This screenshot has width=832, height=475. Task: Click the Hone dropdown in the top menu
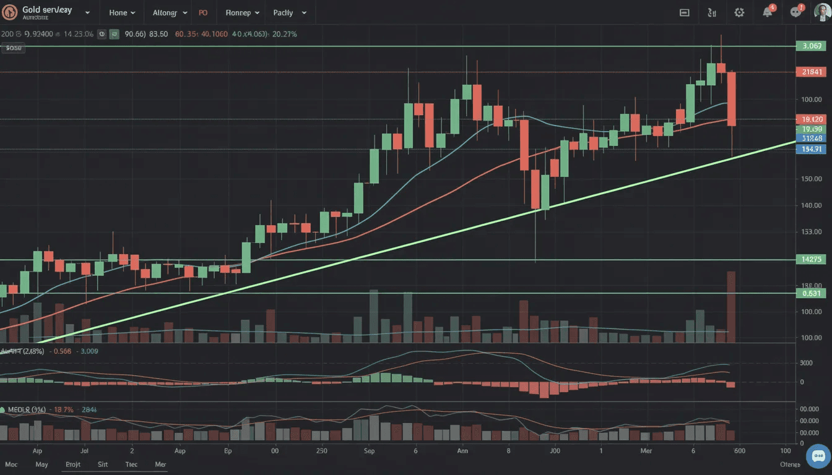pyautogui.click(x=121, y=12)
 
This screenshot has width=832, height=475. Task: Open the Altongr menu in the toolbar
pyautogui.click(x=169, y=12)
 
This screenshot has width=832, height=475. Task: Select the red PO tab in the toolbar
pyautogui.click(x=204, y=12)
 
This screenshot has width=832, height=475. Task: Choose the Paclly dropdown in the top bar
pyautogui.click(x=288, y=12)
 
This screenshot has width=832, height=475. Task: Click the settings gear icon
pyautogui.click(x=739, y=12)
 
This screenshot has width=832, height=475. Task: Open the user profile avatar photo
pyautogui.click(x=821, y=12)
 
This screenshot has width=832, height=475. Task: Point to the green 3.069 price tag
pyautogui.click(x=812, y=46)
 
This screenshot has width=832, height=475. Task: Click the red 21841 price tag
pyautogui.click(x=812, y=72)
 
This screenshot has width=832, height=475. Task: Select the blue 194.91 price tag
pyautogui.click(x=812, y=149)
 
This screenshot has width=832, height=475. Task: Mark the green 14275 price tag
pyautogui.click(x=812, y=260)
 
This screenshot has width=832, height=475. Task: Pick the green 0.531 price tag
pyautogui.click(x=812, y=293)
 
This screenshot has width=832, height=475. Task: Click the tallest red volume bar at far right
pyautogui.click(x=731, y=306)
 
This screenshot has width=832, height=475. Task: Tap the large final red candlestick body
pyautogui.click(x=731, y=99)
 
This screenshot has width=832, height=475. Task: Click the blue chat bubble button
pyautogui.click(x=818, y=456)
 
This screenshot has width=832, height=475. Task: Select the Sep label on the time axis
pyautogui.click(x=370, y=451)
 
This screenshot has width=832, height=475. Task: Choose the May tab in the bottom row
pyautogui.click(x=41, y=464)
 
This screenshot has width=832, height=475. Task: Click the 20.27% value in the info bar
pyautogui.click(x=284, y=34)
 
